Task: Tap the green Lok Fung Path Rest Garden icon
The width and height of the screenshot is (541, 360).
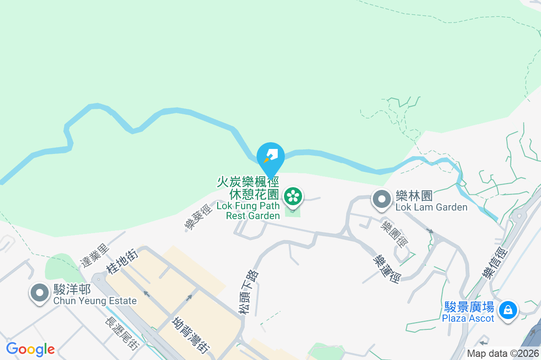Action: tap(293, 196)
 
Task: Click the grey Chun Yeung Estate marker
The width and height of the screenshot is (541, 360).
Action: tap(40, 292)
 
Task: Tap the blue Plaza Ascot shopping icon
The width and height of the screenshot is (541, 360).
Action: tap(508, 310)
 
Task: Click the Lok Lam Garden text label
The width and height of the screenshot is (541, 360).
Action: tap(431, 207)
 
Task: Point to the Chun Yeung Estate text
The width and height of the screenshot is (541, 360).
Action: tap(95, 301)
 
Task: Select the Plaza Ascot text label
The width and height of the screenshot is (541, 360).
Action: tap(468, 318)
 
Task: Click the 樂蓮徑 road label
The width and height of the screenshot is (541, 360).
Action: tap(387, 268)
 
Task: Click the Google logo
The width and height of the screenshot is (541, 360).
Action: tap(30, 349)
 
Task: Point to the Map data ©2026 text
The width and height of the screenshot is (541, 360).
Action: tap(503, 353)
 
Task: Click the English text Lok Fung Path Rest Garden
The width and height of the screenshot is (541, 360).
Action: tap(248, 211)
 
